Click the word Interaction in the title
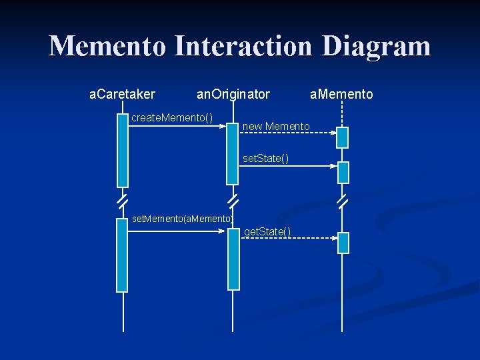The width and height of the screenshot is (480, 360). tap(245, 47)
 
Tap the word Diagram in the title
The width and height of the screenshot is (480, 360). tap(377, 47)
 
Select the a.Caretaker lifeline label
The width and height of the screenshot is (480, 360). tap(122, 95)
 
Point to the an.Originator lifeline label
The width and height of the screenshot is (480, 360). tap(233, 95)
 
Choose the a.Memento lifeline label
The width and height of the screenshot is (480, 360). tap(341, 95)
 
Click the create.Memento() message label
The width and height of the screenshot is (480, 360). tap(172, 118)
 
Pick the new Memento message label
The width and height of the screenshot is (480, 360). tap(276, 126)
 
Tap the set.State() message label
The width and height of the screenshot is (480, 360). tap(265, 158)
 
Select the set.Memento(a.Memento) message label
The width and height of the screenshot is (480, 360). tap(182, 219)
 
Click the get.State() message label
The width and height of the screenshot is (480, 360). tap(267, 231)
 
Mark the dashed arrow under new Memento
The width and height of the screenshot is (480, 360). tap(287, 133)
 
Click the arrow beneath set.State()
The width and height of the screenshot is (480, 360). tap(287, 165)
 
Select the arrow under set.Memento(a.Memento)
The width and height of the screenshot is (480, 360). tap(177, 231)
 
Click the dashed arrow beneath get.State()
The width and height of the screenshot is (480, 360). tap(287, 238)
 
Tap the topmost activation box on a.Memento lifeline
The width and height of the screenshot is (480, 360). tap(343, 137)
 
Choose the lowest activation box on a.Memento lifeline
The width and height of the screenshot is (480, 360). tap(343, 243)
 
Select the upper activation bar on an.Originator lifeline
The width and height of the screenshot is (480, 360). tap(232, 153)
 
